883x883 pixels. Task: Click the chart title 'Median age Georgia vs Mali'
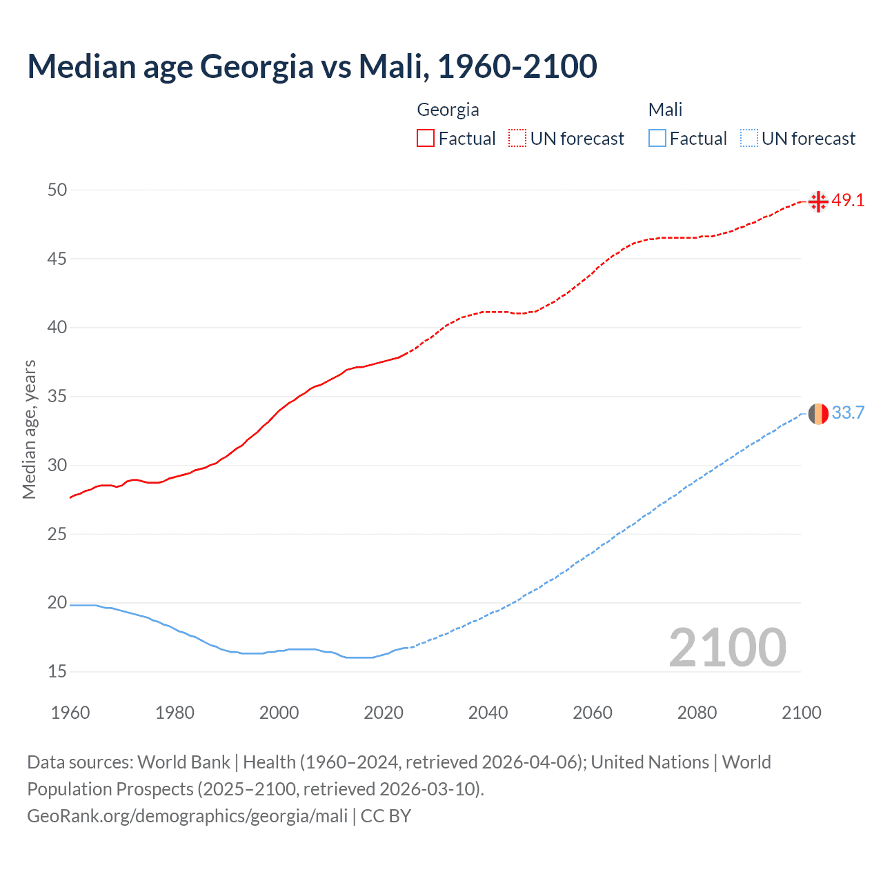click(312, 66)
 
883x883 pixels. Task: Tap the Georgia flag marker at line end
click(818, 201)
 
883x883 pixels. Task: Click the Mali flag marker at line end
click(818, 414)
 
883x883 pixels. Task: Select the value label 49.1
click(848, 201)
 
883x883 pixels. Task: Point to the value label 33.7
click(848, 413)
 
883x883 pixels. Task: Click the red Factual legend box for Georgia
click(426, 139)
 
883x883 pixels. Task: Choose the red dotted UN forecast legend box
click(517, 139)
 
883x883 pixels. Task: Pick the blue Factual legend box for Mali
click(657, 139)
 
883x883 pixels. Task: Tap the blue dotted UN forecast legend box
click(749, 139)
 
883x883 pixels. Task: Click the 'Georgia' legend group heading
click(448, 110)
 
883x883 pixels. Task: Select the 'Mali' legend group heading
click(665, 110)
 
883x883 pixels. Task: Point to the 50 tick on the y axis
click(57, 190)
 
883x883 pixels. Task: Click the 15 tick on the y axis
click(57, 671)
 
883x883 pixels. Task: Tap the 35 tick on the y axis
click(57, 397)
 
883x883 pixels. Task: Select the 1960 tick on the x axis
click(70, 713)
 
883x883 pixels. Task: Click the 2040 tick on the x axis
click(488, 713)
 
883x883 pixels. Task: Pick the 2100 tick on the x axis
click(801, 713)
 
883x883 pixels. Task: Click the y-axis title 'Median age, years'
click(29, 429)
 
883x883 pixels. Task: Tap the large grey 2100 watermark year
click(727, 648)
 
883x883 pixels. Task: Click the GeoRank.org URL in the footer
click(187, 816)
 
